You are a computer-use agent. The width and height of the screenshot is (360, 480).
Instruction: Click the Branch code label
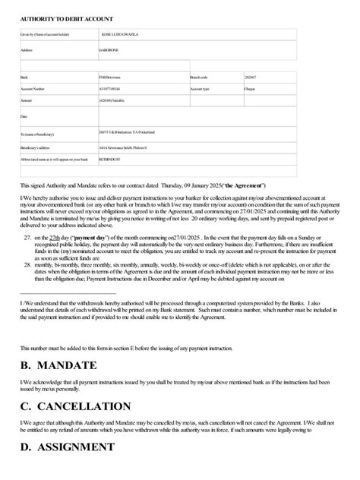coord(201,77)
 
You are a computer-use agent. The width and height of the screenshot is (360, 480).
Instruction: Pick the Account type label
coord(202,89)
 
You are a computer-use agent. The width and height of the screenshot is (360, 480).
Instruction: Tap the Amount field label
coord(27,100)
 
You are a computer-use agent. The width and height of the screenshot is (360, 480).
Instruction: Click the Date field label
coord(24,117)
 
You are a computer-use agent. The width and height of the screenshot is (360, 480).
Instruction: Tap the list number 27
coord(27,216)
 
